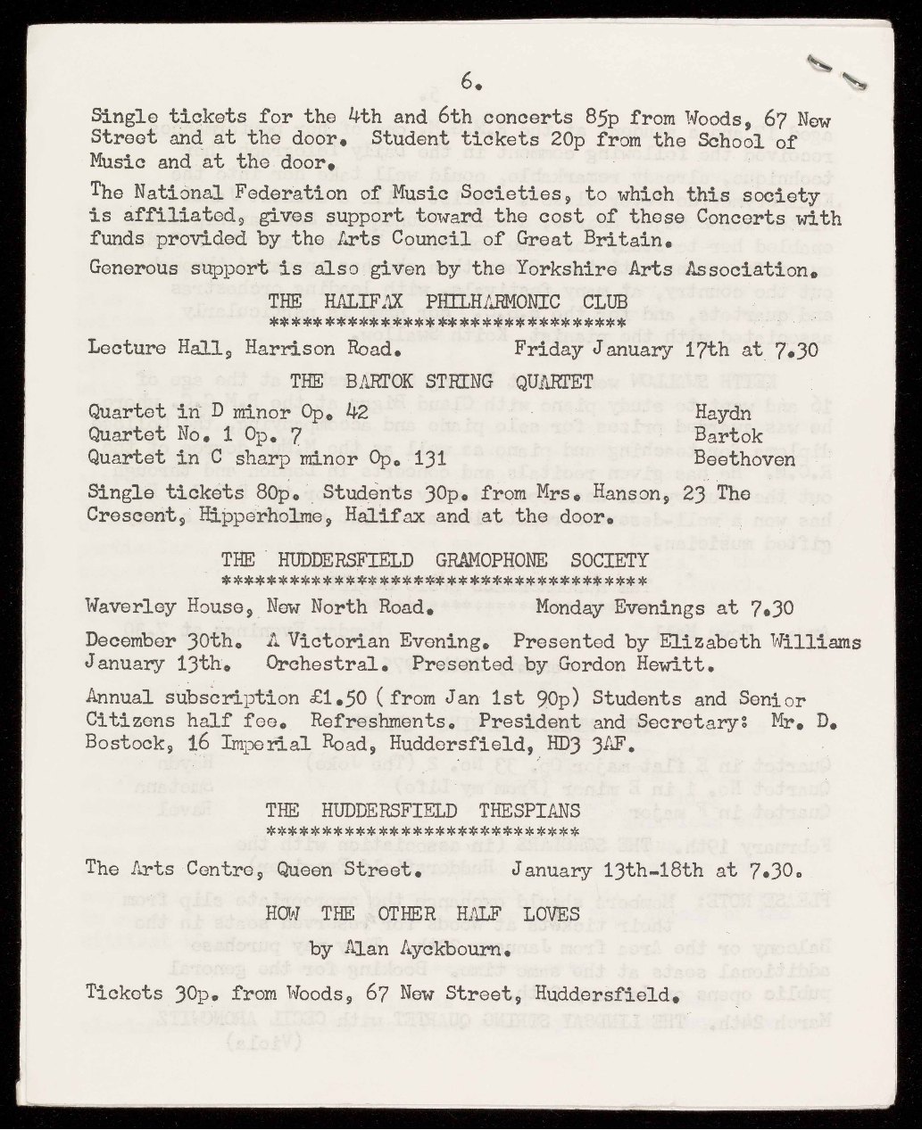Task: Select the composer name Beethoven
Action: pos(743,458)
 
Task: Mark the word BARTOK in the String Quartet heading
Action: pos(366,382)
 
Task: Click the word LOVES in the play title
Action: pos(550,914)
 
